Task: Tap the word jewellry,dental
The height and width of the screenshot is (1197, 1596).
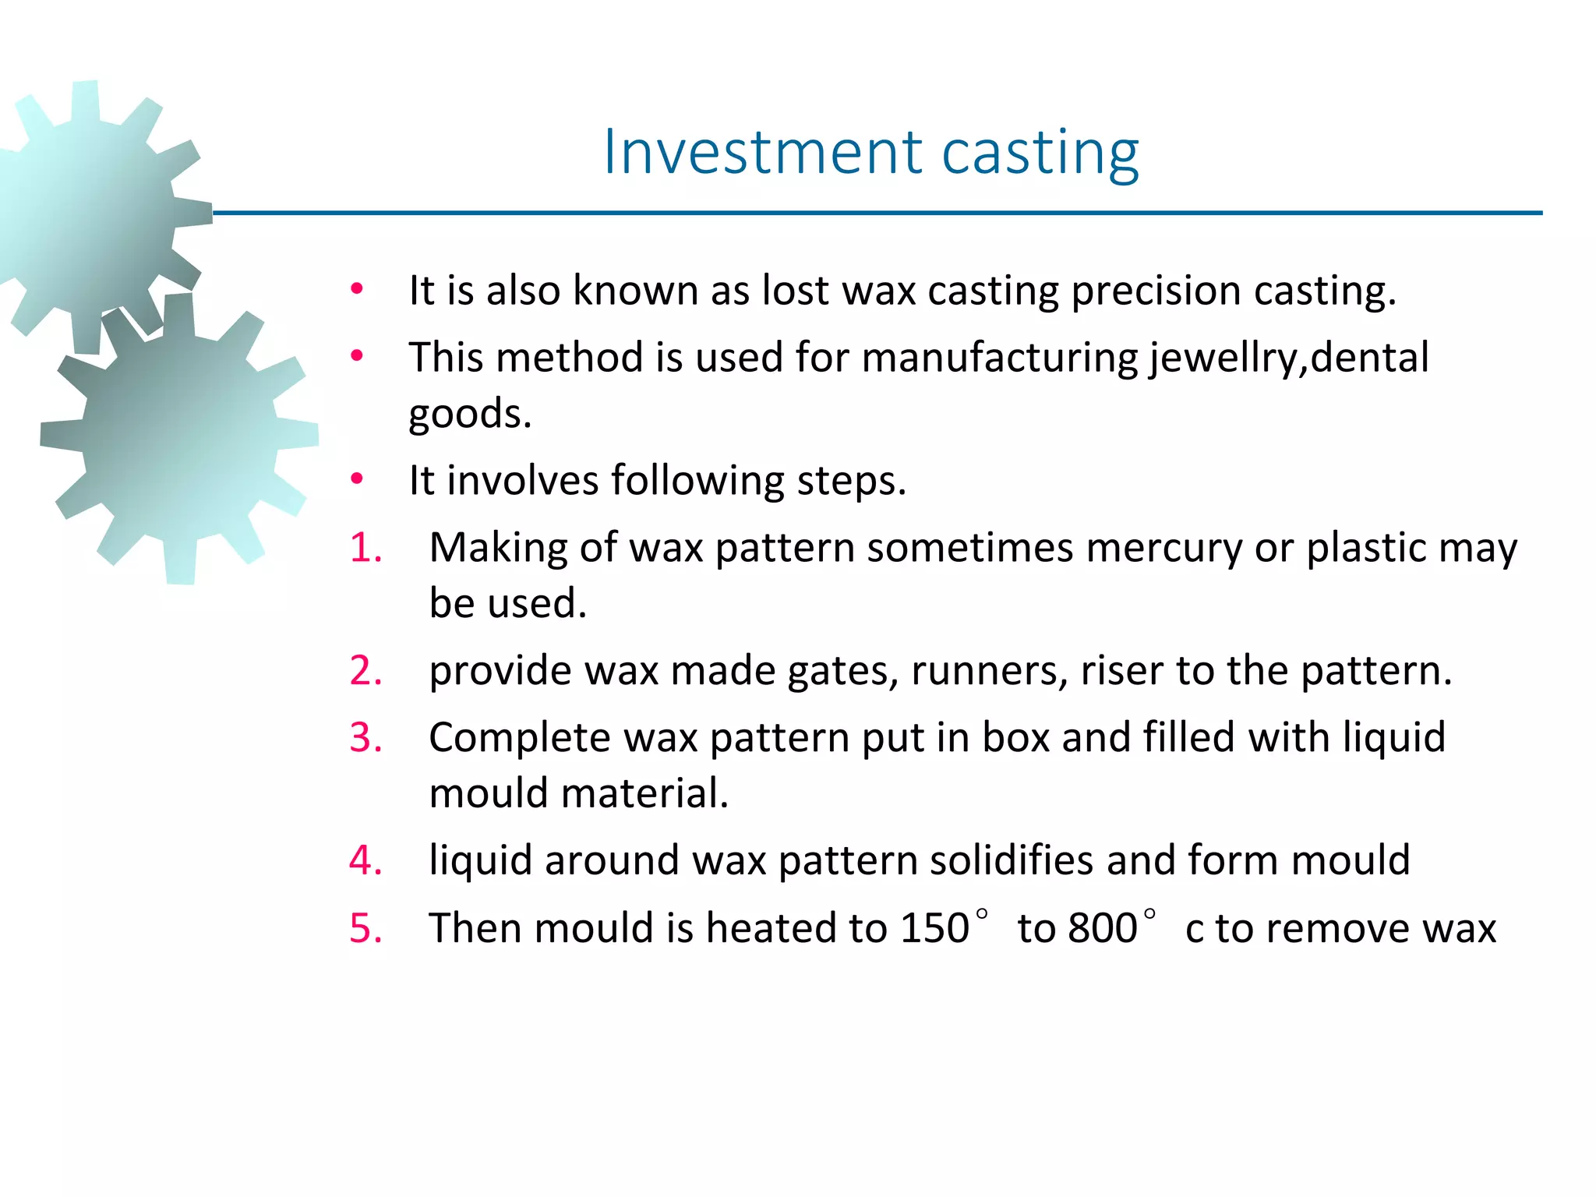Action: coord(1289,358)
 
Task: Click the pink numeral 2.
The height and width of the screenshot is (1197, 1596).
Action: coord(365,670)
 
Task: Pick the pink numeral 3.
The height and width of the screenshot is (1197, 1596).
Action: coord(365,737)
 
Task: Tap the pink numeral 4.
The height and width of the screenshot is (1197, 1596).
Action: coord(365,860)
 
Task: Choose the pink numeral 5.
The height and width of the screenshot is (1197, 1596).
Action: coord(365,928)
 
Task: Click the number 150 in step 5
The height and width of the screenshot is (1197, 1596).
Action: coord(934,928)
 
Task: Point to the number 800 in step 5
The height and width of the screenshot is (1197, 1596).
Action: coord(1102,928)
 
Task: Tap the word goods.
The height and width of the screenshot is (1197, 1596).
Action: coord(470,414)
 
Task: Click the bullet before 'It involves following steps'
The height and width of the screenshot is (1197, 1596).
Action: coord(357,479)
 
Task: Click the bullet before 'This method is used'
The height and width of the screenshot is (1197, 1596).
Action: coord(357,357)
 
